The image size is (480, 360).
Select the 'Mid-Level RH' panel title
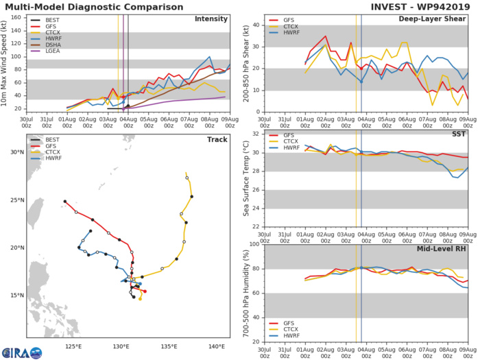click(x=448, y=250)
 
